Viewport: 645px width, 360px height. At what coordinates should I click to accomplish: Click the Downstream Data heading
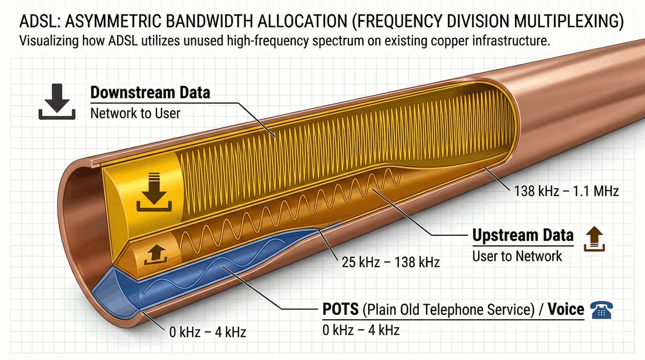[150, 92]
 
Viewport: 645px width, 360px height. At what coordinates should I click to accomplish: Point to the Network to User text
[135, 113]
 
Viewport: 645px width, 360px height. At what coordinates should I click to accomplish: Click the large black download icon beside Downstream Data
[57, 102]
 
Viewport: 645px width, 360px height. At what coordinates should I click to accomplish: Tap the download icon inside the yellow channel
[154, 192]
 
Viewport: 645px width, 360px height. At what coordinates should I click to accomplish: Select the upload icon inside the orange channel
[156, 255]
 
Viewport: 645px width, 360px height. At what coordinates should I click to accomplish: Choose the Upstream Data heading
[523, 235]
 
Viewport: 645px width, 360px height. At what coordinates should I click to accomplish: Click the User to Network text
[517, 256]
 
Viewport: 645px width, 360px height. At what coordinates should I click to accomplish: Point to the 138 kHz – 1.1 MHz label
[567, 191]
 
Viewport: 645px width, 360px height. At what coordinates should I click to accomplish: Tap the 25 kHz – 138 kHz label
[391, 262]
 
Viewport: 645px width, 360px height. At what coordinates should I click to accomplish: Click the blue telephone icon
[601, 310]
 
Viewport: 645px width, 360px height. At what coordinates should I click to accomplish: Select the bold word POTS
[340, 309]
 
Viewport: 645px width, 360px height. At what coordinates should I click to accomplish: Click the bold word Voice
[566, 309]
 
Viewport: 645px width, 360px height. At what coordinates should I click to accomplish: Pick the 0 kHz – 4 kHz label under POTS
[361, 330]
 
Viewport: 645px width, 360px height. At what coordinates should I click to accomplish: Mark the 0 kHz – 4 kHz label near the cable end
[207, 332]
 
